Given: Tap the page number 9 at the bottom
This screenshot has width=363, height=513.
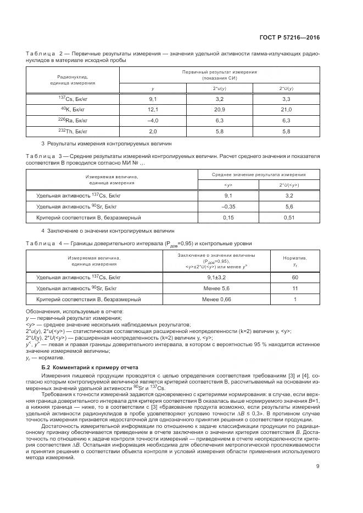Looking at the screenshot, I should (x=317, y=466).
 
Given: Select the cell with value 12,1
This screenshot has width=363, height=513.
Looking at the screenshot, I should (x=153, y=110).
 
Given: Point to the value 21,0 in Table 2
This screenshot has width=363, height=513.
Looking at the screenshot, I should (x=286, y=110).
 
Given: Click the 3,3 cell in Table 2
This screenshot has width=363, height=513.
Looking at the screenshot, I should (x=286, y=99).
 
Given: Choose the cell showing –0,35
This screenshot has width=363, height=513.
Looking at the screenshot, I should (x=228, y=206).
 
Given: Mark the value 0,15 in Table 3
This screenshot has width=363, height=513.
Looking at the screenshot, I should (x=228, y=217).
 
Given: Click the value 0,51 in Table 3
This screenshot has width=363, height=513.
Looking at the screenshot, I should (x=289, y=217).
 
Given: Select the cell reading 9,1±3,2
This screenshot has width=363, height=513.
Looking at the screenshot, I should (x=224, y=278).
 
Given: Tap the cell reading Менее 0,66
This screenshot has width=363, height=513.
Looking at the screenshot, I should (x=224, y=300).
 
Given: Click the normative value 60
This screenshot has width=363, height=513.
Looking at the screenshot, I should (x=294, y=278).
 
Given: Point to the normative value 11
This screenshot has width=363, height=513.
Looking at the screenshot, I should (x=294, y=289).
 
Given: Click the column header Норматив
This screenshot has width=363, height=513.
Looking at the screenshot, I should (x=294, y=257).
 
